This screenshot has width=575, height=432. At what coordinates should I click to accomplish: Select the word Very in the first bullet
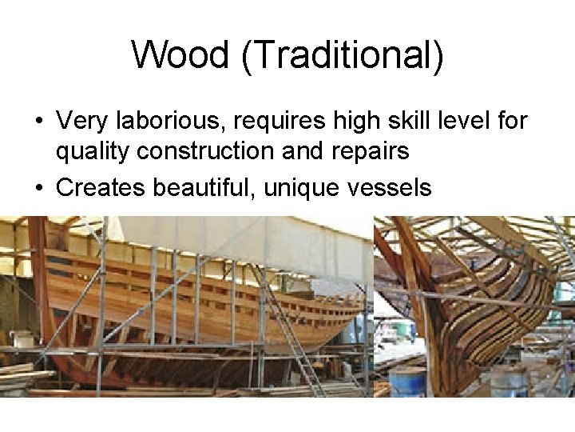(82, 122)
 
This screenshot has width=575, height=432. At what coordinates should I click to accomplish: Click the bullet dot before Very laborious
(38, 122)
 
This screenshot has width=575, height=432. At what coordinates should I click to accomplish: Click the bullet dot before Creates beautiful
(38, 188)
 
